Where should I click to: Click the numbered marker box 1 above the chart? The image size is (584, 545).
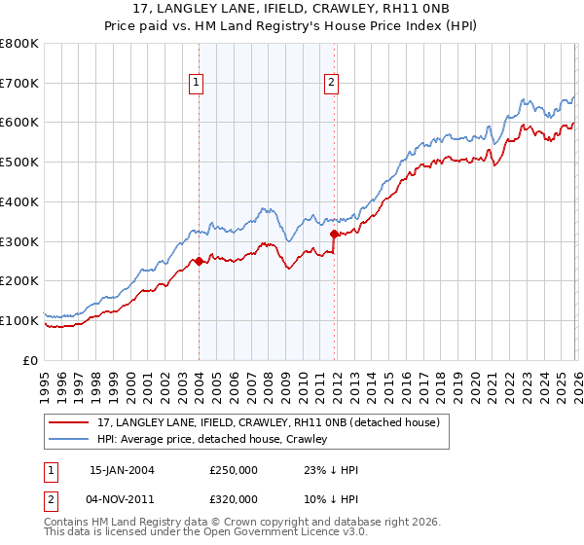(197, 84)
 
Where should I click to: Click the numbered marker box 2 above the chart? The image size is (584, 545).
(332, 84)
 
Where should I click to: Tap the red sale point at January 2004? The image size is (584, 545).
(199, 261)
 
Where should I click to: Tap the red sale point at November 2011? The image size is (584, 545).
(334, 234)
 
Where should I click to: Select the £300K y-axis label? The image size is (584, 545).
(19, 241)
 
